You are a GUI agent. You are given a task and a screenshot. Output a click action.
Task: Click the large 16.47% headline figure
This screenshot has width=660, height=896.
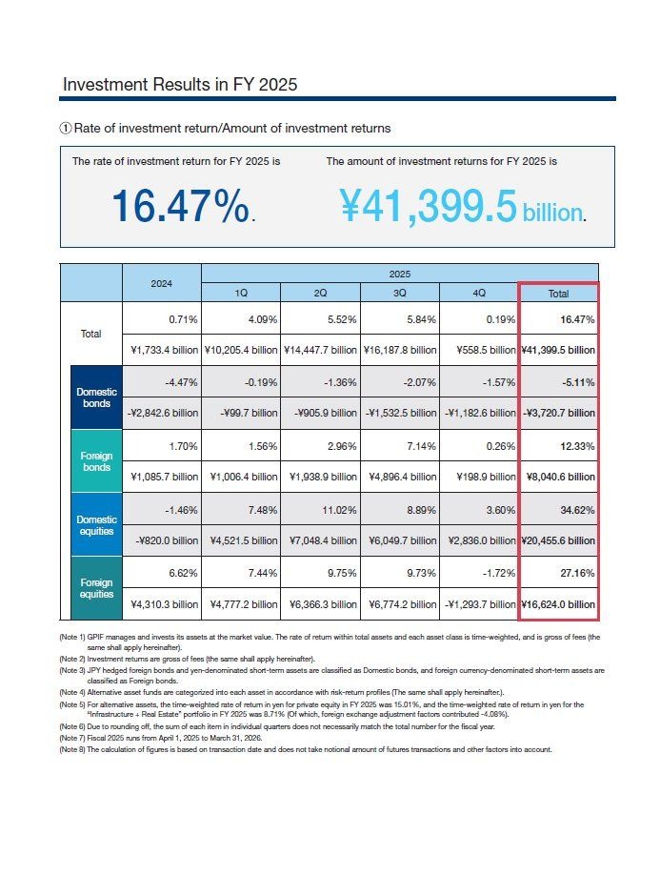point(180,206)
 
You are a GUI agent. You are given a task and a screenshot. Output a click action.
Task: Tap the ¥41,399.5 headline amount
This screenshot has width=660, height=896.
point(429,206)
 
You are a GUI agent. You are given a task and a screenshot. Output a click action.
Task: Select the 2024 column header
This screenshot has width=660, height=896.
point(162,283)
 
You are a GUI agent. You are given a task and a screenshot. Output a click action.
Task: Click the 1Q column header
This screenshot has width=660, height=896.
point(241,293)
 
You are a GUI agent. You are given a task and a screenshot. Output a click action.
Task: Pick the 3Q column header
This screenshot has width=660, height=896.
point(400,293)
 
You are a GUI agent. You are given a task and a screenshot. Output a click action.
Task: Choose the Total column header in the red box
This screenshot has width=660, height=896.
point(558,294)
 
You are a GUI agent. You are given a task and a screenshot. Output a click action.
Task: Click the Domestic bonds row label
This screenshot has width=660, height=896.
point(96,397)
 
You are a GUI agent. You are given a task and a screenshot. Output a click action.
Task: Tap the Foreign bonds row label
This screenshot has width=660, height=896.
point(96,461)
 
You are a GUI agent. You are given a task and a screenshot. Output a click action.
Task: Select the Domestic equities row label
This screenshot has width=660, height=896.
point(96,525)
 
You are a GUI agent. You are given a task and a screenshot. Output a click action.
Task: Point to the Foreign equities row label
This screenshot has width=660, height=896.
point(96,588)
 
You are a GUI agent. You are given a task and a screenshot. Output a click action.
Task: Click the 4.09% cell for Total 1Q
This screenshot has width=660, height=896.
point(263,319)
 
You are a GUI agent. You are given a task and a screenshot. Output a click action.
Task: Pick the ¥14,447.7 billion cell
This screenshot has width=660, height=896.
point(320,350)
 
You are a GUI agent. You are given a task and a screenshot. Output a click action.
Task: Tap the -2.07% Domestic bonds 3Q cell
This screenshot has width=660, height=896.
point(420,382)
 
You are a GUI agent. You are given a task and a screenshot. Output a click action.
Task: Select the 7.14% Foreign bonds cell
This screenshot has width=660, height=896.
point(421,446)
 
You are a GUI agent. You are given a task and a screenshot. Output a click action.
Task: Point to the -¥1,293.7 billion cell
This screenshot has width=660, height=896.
point(480,604)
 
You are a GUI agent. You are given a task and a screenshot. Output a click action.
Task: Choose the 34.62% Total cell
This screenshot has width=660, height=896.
point(577,510)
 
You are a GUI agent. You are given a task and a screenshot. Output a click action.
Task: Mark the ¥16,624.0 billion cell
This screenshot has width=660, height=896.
point(558,604)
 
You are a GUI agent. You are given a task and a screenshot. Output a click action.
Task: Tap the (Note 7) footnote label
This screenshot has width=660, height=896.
point(72,738)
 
